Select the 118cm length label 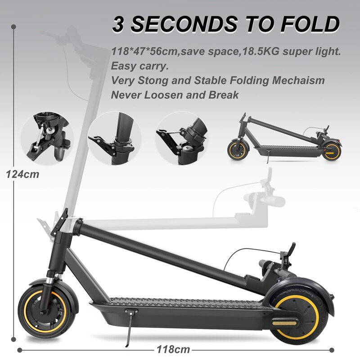[x=173, y=349]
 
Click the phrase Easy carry [x=139, y=66]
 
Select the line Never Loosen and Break [x=175, y=95]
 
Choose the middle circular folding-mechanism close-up [x=114, y=138]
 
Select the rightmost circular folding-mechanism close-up [x=182, y=138]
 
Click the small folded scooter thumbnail [x=283, y=137]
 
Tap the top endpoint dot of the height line [x=14, y=27]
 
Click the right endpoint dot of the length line [x=332, y=349]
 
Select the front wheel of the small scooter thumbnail [x=238, y=149]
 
